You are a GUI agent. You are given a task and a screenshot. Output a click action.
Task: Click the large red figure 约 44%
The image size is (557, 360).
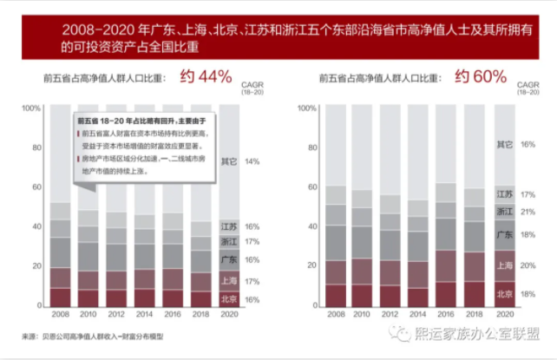click(206, 77)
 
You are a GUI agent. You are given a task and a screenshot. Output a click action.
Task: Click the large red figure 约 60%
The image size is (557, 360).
click(480, 77)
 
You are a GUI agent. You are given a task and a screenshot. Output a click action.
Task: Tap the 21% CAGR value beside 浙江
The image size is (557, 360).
click(528, 212)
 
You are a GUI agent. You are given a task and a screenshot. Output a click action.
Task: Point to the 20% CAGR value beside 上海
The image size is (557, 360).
click(528, 266)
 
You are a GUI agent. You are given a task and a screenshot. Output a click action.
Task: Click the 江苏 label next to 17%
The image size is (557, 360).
click(504, 195)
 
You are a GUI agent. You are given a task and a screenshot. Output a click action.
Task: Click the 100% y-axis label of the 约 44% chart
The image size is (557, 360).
click(30, 108)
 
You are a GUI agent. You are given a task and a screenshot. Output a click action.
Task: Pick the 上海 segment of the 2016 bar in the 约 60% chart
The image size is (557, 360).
click(446, 266)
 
